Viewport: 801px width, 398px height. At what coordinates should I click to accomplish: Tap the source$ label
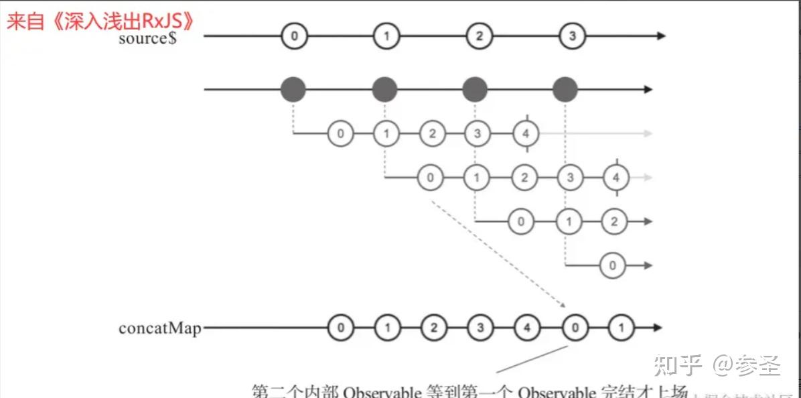click(147, 38)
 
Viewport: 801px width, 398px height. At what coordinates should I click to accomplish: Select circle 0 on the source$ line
click(293, 36)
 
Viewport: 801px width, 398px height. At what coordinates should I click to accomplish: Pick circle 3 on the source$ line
click(571, 36)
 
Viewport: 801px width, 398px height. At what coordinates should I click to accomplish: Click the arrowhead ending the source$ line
click(661, 36)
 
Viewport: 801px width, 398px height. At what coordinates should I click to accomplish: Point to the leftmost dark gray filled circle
click(293, 88)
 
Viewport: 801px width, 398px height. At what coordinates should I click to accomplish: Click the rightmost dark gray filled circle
click(566, 88)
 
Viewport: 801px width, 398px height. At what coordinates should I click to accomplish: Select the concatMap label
click(159, 328)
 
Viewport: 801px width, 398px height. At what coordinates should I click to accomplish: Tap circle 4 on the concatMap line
click(526, 328)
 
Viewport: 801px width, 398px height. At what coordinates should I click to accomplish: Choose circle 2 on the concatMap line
click(433, 328)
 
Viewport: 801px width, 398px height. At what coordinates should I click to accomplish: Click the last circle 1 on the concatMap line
click(621, 328)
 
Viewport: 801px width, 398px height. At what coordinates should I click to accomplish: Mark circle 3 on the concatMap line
click(480, 328)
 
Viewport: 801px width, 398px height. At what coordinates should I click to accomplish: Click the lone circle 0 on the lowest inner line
click(613, 265)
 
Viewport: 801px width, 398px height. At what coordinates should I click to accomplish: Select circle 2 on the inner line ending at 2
click(614, 221)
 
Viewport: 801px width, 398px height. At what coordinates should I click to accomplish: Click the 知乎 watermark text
click(676, 366)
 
